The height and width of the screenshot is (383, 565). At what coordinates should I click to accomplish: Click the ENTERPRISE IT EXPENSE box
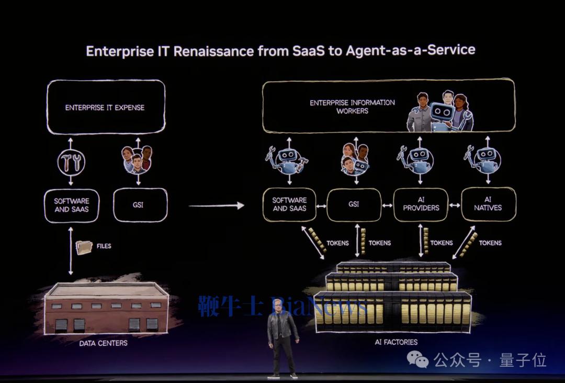coord(105,107)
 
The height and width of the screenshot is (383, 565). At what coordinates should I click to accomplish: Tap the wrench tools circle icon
coord(71,163)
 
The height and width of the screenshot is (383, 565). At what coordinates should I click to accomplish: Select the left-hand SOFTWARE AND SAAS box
coord(72,205)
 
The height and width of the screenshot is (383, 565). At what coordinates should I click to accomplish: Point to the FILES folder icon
coord(84,246)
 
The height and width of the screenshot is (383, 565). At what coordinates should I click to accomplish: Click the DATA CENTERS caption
coord(104,344)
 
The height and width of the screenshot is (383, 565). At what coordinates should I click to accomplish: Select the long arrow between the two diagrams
coord(216,205)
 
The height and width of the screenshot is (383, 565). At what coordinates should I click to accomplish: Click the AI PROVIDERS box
coord(421,204)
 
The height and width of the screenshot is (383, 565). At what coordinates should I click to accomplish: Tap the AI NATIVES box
coord(488,204)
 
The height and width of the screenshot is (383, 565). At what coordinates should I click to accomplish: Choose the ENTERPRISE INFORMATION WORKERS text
coord(352,106)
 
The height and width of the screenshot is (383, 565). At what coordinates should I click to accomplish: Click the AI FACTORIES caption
coord(396,342)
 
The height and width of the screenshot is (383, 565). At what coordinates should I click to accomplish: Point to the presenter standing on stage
coord(282,341)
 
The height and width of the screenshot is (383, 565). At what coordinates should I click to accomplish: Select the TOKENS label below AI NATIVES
coord(490,243)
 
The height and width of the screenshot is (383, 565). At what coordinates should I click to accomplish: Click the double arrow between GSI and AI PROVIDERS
coord(387,205)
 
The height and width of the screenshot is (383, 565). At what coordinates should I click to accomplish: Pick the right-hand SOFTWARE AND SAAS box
coord(289,204)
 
